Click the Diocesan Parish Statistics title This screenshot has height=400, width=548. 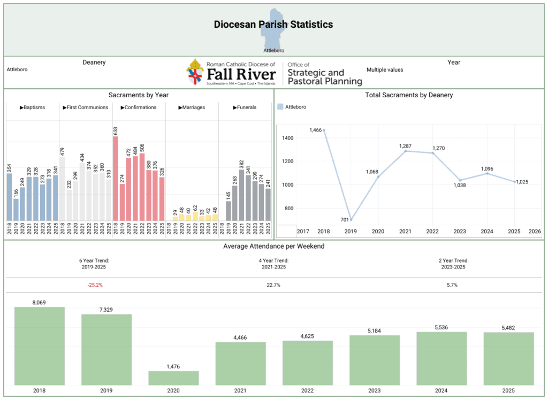[x=273, y=25]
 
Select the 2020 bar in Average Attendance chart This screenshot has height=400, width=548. [x=173, y=378]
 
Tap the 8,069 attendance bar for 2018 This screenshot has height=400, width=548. [x=40, y=345]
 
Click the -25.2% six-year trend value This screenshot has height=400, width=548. [x=95, y=285]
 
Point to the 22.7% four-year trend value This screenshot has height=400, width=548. [x=273, y=285]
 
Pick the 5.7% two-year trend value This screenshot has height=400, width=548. [x=452, y=285]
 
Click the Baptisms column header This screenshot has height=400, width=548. [x=32, y=107]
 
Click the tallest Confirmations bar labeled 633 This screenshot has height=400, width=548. [x=116, y=178]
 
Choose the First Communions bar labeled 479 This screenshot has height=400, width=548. [x=63, y=188]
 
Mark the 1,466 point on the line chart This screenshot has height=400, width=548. [x=324, y=130]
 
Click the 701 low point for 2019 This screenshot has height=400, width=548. [x=351, y=220]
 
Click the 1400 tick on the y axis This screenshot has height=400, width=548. [x=287, y=138]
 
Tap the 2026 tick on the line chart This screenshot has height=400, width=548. [x=534, y=231]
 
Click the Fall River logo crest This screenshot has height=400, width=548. [x=196, y=73]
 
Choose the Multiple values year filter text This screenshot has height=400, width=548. [x=385, y=70]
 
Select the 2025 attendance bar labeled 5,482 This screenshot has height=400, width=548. [x=508, y=358]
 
